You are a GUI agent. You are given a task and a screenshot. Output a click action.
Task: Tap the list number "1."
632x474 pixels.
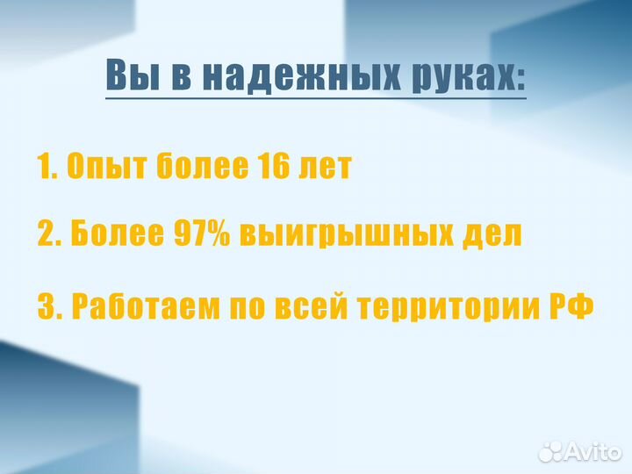(47, 166)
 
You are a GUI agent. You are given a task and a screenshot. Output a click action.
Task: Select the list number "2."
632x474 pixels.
(50, 234)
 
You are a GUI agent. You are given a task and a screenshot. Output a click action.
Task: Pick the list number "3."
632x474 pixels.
(50, 307)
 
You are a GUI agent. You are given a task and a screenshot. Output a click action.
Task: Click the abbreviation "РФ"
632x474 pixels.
(571, 307)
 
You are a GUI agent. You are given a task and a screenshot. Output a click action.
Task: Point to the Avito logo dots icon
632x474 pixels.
(550, 451)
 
